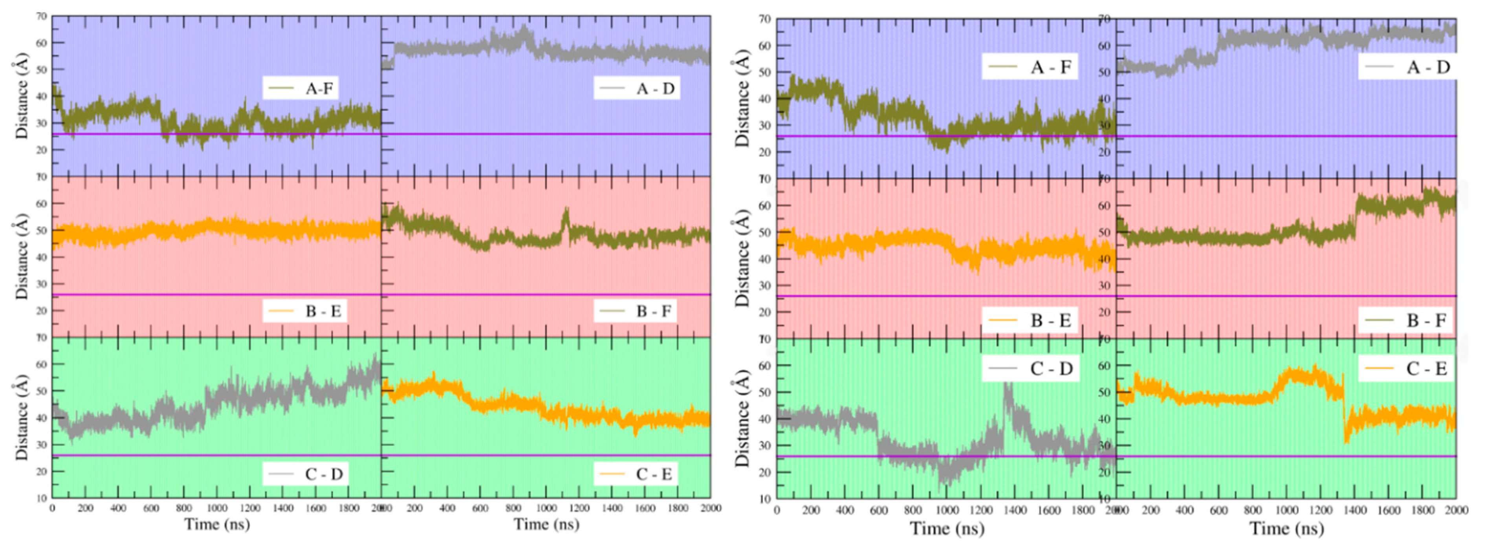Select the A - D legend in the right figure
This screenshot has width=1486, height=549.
tap(1406, 68)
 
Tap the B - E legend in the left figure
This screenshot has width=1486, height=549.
tap(304, 311)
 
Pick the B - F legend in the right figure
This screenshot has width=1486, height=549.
tap(1406, 320)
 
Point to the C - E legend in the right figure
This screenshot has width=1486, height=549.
tap(1406, 368)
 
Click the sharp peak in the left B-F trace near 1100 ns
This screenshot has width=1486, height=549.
tap(566, 216)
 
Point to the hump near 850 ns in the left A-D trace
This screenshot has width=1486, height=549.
tap(523, 32)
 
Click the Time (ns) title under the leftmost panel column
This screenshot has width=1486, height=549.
tap(217, 524)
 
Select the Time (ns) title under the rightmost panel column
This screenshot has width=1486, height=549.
tap(1286, 528)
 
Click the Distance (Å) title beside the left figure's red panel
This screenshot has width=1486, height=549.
tap(22, 256)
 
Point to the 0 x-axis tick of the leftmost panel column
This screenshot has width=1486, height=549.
tap(53, 508)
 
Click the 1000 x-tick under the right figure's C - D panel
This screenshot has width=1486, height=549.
tap(947, 511)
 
